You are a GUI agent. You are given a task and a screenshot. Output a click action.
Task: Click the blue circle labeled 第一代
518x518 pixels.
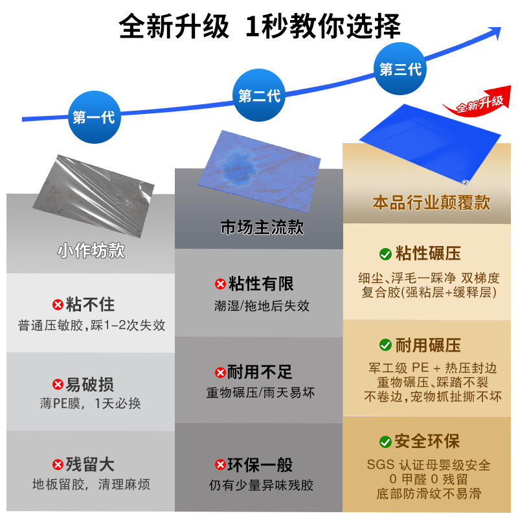tap(93, 117)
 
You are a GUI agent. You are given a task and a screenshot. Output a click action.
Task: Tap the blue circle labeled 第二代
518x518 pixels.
tap(259, 96)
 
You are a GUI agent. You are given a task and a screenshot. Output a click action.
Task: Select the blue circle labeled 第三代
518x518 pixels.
tap(400, 69)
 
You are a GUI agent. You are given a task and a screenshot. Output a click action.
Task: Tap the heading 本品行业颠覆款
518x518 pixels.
tap(431, 203)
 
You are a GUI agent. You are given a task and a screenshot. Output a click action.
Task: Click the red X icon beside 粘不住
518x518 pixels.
tap(58, 305)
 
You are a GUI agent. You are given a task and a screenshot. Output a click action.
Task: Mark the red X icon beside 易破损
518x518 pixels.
tap(58, 385)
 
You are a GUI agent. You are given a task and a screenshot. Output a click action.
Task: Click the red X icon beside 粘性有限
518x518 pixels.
tap(221, 284)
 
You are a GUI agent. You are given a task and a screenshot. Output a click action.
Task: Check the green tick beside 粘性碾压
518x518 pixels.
tap(385, 253)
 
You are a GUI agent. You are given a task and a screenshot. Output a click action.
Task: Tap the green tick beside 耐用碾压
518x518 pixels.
tap(385, 344)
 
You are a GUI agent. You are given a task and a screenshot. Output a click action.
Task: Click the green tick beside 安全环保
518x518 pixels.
tap(385, 442)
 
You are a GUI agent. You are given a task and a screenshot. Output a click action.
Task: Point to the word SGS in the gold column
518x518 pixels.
tap(379, 465)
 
